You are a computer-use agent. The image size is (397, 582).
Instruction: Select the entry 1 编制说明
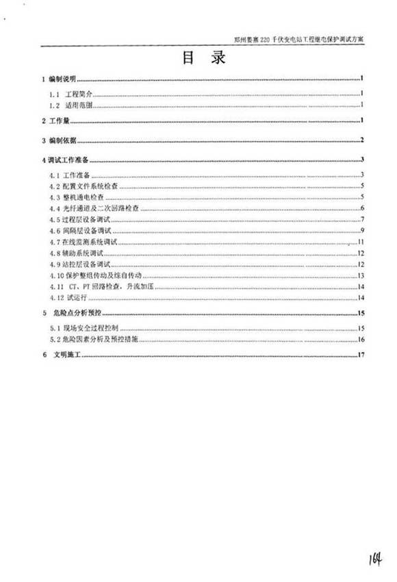pos(61,78)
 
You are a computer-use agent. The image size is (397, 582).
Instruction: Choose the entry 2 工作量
pos(57,121)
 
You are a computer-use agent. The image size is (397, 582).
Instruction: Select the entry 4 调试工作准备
pos(68,160)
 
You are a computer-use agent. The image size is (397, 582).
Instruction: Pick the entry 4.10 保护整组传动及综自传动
pos(97,275)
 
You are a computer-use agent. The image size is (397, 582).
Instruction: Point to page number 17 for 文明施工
pos(362,355)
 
